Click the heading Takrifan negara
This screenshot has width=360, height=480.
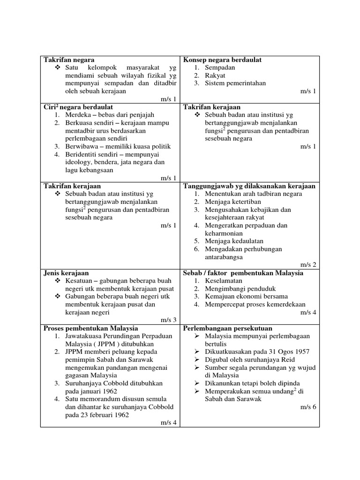pos(69,60)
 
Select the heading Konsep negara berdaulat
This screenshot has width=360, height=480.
pos(222,60)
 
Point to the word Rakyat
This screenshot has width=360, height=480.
pos(215,75)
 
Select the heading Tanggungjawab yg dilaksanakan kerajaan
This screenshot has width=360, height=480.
pos(249,186)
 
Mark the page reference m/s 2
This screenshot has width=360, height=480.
pos(308,265)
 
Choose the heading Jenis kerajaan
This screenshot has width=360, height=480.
pos(66,273)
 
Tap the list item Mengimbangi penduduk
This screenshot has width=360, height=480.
pos(240,288)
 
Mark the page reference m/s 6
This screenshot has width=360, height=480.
pos(308,407)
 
